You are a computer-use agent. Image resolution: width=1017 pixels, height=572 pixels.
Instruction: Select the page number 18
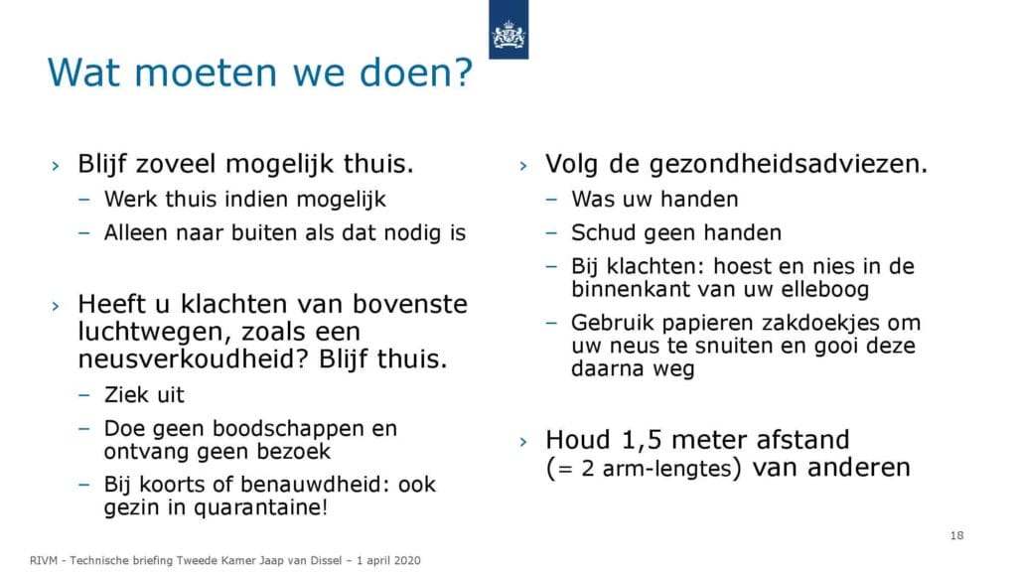(x=956, y=535)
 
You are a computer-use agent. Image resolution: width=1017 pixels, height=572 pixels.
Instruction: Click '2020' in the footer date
(x=408, y=560)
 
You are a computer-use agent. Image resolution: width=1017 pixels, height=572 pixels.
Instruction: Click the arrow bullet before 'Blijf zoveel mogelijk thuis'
(x=56, y=166)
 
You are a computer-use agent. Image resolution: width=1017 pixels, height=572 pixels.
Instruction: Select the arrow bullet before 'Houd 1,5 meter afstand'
(x=523, y=442)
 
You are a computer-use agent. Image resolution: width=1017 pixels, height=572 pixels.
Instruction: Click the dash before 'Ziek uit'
(x=84, y=394)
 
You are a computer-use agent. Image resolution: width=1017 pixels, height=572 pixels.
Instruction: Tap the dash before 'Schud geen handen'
(x=552, y=232)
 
